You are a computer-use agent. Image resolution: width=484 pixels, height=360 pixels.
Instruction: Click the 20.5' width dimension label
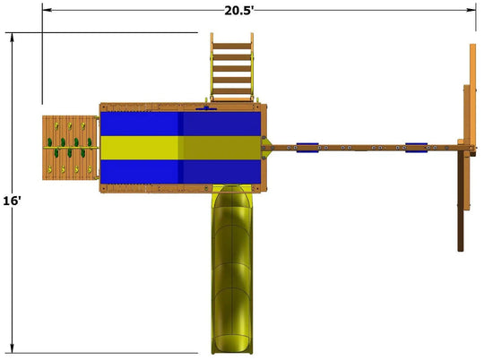click(239, 11)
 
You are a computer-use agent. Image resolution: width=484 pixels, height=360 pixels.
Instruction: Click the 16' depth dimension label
click(12, 201)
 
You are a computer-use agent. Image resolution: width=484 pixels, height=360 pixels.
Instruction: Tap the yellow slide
click(232, 269)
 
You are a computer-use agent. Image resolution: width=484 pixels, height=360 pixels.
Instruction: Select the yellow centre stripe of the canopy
click(181, 148)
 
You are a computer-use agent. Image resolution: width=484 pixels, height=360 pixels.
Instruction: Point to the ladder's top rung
click(232, 47)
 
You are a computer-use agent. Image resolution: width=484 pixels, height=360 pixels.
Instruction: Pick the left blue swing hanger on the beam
click(307, 148)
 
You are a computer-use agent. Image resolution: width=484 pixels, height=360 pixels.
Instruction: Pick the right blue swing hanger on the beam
click(417, 148)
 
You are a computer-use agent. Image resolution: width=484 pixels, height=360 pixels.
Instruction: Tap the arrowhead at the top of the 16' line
click(12, 37)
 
